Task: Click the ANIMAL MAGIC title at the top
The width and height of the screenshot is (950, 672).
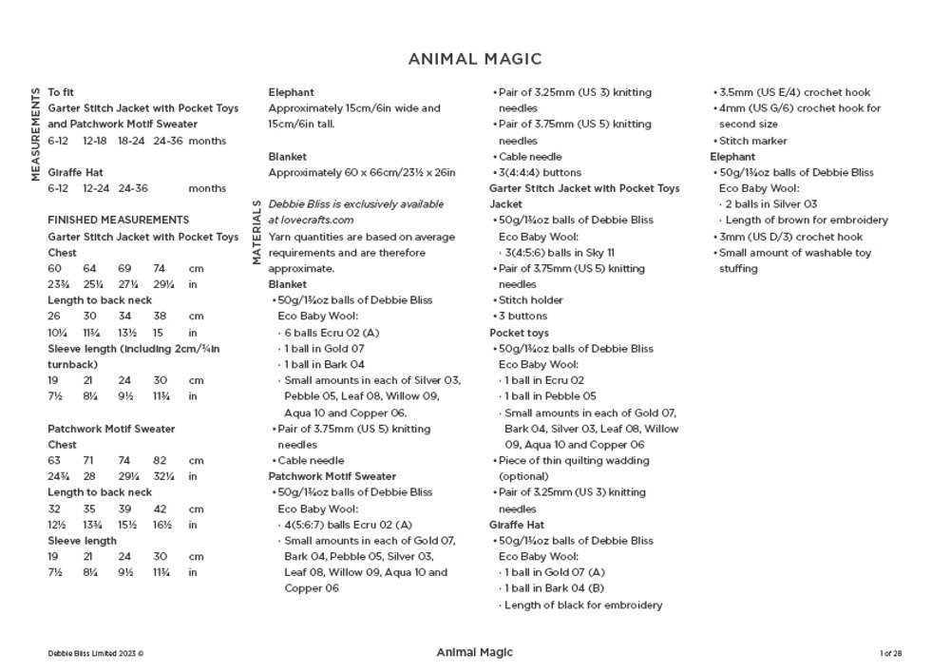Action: pos(475,59)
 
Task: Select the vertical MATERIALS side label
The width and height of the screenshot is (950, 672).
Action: pos(256,231)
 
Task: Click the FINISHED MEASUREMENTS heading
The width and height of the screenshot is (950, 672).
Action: pos(119,220)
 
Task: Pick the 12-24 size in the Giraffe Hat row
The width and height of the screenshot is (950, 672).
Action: pos(96,188)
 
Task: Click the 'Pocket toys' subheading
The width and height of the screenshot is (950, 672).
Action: pos(519,333)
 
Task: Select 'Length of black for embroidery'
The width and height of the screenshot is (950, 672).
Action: pos(582,605)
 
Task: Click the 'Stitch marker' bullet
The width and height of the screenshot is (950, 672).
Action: pos(752,141)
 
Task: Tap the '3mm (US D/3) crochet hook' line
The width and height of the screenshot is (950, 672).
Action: pos(790,237)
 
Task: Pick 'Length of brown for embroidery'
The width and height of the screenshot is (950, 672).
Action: pos(807,221)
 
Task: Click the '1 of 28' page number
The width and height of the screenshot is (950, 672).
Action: pos(890,653)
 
